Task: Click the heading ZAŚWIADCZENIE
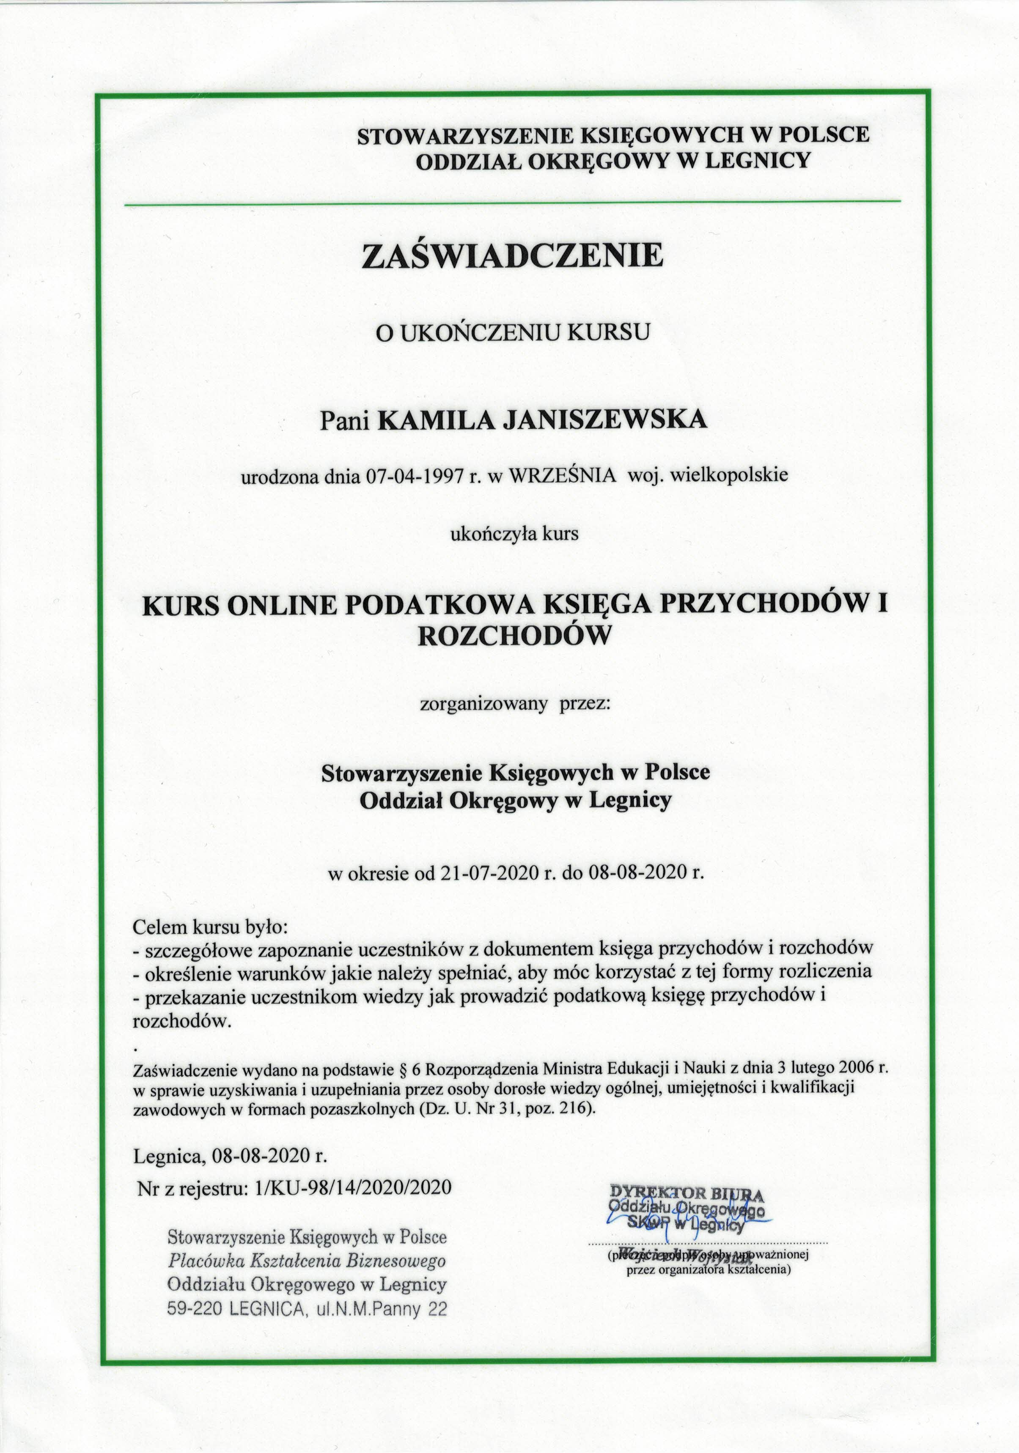(513, 256)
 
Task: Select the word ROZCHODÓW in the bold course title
(514, 636)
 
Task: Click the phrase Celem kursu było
(209, 928)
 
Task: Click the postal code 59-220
(194, 1308)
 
